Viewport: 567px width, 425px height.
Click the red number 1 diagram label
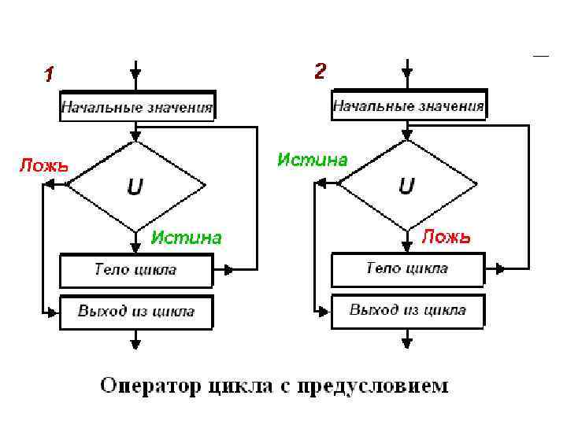click(49, 76)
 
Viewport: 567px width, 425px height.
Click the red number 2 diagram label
click(320, 72)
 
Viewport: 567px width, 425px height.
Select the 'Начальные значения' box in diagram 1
click(137, 107)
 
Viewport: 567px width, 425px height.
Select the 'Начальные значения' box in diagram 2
click(408, 105)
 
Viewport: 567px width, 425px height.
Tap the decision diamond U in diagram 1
click(135, 187)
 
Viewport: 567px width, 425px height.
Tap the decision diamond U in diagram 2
click(407, 186)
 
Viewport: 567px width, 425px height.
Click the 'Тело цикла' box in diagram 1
click(135, 271)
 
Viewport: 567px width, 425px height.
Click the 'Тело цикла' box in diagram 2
click(407, 269)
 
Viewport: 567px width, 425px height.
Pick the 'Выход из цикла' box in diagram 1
click(135, 311)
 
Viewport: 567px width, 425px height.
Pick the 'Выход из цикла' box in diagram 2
click(407, 309)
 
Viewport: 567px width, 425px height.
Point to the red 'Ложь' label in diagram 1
click(43, 166)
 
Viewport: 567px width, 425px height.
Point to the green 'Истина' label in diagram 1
click(187, 237)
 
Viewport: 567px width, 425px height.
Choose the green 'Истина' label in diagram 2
click(312, 160)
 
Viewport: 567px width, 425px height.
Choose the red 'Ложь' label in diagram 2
click(446, 236)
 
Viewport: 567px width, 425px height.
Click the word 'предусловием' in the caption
click(388, 386)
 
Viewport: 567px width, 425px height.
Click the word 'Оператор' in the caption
click(150, 386)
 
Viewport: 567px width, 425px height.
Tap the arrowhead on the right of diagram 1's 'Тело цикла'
click(228, 270)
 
